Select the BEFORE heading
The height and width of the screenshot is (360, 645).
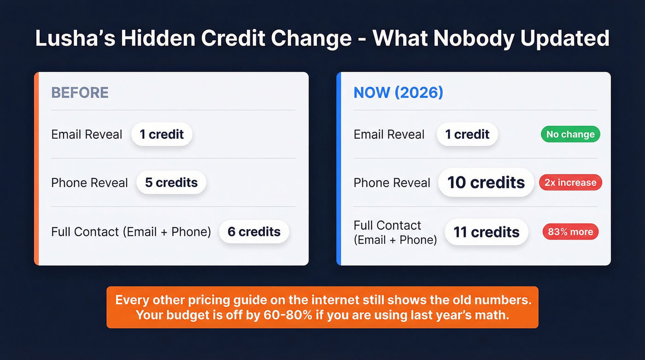click(x=80, y=93)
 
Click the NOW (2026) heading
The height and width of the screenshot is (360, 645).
click(x=398, y=93)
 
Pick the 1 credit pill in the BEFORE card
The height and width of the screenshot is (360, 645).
click(x=162, y=135)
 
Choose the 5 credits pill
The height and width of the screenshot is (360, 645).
click(x=171, y=183)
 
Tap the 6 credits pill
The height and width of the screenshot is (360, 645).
click(x=254, y=231)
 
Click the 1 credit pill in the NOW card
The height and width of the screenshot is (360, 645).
click(x=467, y=135)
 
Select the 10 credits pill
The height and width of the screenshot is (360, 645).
click(x=486, y=183)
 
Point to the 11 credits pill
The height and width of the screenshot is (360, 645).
click(x=486, y=232)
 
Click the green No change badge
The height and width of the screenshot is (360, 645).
click(x=570, y=135)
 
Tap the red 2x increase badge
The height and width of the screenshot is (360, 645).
click(x=570, y=183)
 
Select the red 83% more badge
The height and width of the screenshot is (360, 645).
click(x=570, y=232)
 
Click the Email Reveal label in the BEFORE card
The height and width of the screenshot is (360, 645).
click(x=87, y=135)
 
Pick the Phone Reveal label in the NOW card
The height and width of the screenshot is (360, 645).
click(x=392, y=183)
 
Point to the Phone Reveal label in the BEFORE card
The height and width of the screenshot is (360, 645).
click(x=89, y=183)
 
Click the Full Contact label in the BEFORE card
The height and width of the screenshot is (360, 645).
click(x=131, y=231)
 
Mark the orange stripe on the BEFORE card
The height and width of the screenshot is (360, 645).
click(x=36, y=169)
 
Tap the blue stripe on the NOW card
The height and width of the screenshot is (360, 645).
click(x=339, y=169)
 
